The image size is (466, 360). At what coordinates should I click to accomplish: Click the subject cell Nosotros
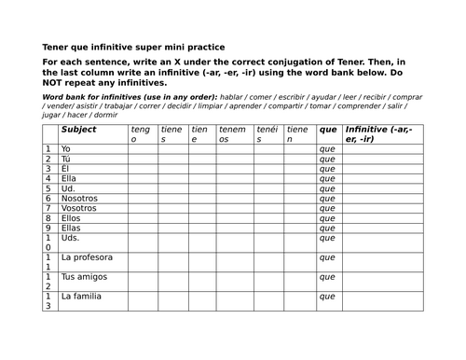click(x=77, y=199)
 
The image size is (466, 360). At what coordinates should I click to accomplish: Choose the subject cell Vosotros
click(x=77, y=209)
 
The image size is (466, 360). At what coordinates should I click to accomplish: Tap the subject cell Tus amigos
click(x=82, y=277)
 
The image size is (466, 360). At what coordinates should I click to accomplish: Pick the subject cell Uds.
click(x=69, y=239)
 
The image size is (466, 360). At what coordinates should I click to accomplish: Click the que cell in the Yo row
click(x=327, y=148)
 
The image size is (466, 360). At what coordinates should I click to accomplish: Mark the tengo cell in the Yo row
click(x=142, y=148)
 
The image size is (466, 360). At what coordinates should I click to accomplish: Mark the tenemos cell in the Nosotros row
click(x=233, y=199)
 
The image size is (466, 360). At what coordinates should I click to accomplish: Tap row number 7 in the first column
click(x=48, y=209)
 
